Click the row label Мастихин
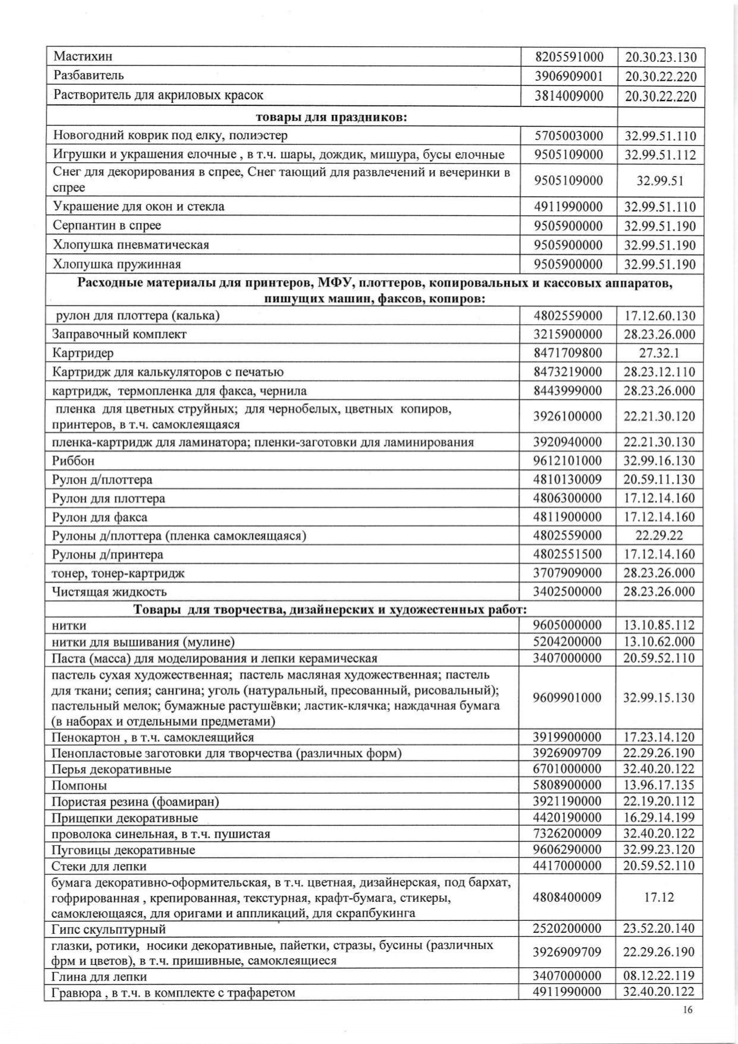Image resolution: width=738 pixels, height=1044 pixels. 83,57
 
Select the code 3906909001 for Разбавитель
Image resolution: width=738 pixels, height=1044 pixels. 569,76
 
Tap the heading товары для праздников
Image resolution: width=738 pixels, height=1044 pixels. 332,117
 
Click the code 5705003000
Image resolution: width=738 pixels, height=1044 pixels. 569,136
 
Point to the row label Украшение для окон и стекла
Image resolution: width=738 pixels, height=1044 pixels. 139,206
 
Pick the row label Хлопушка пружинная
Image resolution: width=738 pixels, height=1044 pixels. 117,264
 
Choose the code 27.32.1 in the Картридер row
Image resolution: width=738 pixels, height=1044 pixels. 659,353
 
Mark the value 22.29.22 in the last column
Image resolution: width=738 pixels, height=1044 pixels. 659,535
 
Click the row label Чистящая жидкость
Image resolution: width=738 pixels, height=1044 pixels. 110,592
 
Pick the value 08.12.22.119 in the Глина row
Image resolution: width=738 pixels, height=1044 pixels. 659,976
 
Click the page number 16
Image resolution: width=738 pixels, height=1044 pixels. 688,1009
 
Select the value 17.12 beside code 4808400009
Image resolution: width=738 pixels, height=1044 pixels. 659,897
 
